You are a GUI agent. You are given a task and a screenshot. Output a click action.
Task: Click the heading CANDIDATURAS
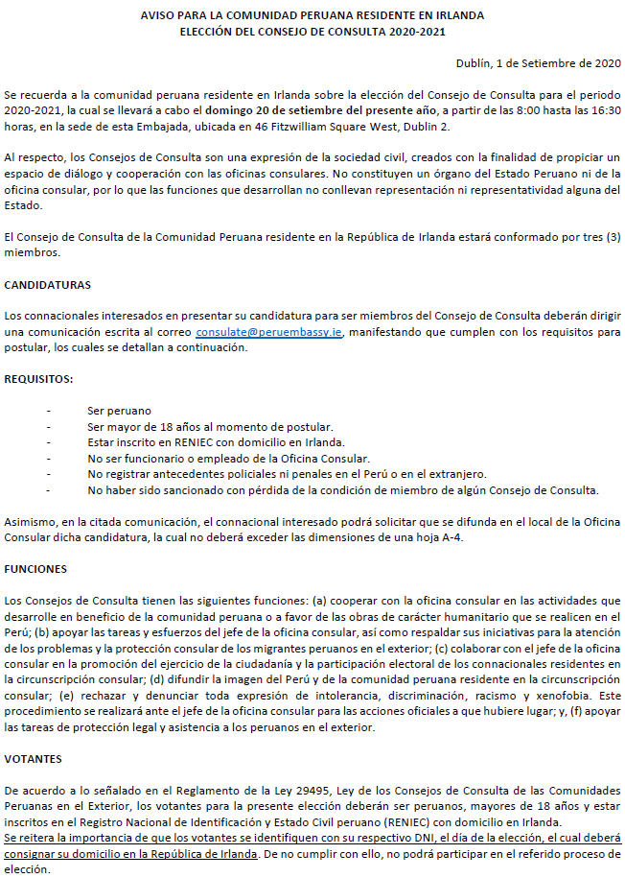48,286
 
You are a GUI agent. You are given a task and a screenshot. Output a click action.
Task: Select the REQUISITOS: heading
39,379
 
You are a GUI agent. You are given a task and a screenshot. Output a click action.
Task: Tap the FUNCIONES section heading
36,569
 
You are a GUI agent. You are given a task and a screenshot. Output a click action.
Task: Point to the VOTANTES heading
35,757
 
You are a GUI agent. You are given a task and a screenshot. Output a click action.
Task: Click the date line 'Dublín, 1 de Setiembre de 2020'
537,64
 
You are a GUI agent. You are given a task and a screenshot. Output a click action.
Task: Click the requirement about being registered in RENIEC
215,442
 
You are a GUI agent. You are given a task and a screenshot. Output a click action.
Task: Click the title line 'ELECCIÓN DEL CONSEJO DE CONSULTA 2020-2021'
312,32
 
